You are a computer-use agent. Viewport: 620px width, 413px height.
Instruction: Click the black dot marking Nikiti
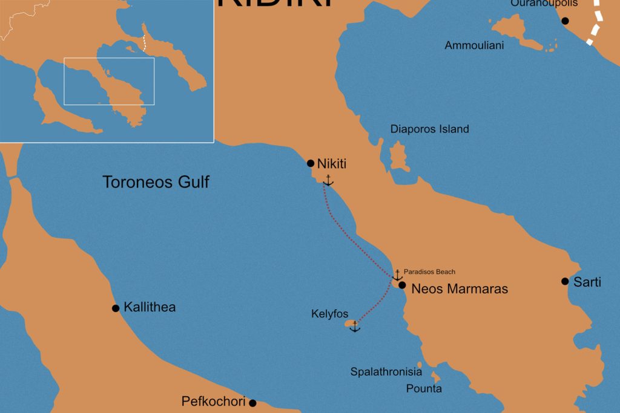pos(311,163)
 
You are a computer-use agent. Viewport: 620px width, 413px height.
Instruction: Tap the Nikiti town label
pos(332,163)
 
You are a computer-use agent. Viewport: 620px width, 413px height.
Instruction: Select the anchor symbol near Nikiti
pos(328,180)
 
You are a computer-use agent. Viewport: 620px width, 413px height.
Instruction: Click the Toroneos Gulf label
pos(156,181)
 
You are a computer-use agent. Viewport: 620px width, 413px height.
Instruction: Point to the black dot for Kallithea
pos(116,308)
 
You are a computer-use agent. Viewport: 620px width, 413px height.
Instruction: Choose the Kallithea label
pos(150,307)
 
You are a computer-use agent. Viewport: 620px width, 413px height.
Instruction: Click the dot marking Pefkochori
pos(252,403)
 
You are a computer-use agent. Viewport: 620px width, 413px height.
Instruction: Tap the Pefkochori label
pos(213,402)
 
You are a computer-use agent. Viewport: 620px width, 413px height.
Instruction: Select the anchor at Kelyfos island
pos(355,327)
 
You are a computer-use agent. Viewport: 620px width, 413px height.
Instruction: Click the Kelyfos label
pos(329,314)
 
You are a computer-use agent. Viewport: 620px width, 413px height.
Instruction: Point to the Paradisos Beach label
pos(429,272)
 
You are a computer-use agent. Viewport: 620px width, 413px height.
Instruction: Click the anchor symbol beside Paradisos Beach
pos(397,275)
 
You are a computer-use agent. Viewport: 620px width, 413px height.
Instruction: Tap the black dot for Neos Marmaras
pos(402,285)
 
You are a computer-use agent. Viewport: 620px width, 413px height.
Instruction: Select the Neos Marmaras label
pos(460,289)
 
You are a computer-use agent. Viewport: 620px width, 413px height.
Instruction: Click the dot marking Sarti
pos(565,281)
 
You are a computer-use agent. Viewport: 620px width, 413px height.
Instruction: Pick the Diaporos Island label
pos(429,129)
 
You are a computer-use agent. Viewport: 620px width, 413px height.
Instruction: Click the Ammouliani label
pos(474,45)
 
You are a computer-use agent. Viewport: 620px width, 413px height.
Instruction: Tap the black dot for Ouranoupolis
pos(565,21)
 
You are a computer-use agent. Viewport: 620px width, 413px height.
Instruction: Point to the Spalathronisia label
pos(386,372)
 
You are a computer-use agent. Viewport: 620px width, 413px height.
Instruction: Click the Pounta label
pos(424,389)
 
